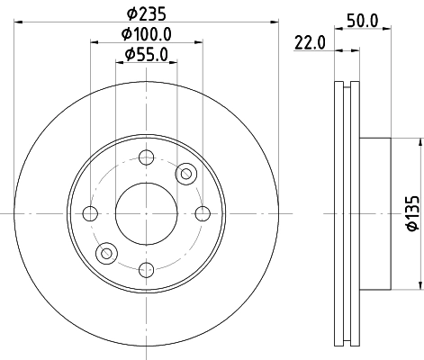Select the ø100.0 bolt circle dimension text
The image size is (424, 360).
(146, 35)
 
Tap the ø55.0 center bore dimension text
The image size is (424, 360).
(146, 55)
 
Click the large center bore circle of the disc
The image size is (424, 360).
(146, 213)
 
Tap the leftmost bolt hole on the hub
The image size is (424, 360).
(90, 213)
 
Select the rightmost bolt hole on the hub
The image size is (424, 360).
(202, 213)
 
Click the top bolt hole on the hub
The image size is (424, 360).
(146, 157)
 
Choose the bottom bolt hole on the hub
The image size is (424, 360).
(146, 268)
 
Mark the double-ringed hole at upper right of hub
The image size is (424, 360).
(186, 173)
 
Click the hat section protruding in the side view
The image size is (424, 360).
(375, 213)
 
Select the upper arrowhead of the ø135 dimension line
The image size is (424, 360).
(419, 142)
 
